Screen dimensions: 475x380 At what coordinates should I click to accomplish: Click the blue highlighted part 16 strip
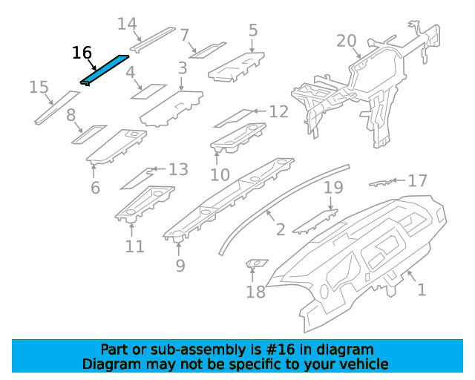tap(105, 71)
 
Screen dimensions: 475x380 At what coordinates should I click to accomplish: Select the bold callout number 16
tap(82, 53)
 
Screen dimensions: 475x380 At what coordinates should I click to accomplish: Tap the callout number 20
tap(347, 41)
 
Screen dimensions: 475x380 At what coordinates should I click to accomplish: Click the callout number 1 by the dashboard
tap(422, 289)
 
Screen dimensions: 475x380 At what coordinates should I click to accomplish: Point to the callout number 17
tap(417, 180)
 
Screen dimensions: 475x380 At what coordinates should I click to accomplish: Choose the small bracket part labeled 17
tap(381, 183)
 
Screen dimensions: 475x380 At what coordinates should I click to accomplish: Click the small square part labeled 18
tap(256, 263)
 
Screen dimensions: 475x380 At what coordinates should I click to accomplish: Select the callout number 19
tap(333, 188)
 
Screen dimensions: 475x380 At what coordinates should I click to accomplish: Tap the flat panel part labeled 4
tap(148, 91)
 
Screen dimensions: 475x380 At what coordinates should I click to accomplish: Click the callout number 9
tap(180, 266)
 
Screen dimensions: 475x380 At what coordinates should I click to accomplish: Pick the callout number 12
tap(279, 111)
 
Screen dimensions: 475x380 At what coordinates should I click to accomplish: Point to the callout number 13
tap(178, 169)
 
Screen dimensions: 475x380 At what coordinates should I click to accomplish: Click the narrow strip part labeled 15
tap(57, 108)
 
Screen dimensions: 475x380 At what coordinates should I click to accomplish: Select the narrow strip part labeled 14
tap(153, 40)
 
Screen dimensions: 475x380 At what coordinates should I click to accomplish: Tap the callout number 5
tap(253, 30)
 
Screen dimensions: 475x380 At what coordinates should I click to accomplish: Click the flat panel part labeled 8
tap(89, 134)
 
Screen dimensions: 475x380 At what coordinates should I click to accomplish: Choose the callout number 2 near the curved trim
tap(281, 229)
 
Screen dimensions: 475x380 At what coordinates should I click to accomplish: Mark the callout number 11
tap(134, 246)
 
